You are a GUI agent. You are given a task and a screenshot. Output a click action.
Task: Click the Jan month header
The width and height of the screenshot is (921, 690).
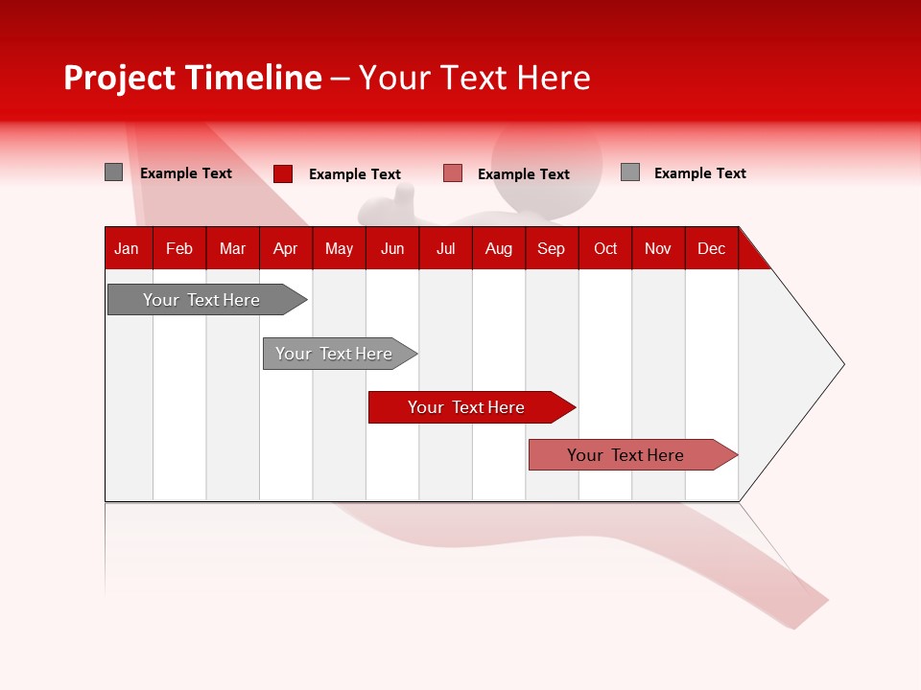coord(127,248)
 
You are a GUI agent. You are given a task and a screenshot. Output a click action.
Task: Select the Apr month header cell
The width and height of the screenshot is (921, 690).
coord(285,248)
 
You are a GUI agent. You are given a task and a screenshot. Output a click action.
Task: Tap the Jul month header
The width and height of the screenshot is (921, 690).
coord(445,248)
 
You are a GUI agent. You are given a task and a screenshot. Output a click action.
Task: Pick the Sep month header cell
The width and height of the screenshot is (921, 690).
coord(551,248)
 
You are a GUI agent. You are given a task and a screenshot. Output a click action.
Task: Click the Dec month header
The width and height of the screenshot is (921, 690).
coord(711,248)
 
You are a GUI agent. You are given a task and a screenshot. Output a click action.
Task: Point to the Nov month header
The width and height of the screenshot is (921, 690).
coord(657,248)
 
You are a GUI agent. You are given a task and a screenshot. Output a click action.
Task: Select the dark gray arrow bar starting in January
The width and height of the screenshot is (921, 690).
coord(201,300)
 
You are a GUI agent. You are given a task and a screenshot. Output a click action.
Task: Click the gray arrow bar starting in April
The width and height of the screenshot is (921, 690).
coord(334,354)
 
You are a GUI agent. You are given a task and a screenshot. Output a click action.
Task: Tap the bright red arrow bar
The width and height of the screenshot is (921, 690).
coord(466,407)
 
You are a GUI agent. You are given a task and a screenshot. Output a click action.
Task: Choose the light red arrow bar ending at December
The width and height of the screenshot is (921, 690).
coord(626,455)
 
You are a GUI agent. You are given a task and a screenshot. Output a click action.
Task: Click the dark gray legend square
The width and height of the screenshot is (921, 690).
coord(113,172)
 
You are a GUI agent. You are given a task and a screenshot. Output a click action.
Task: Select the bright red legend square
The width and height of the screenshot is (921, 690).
coord(282,173)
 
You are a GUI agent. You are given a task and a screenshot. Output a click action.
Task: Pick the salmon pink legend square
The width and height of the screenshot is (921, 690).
coord(453,173)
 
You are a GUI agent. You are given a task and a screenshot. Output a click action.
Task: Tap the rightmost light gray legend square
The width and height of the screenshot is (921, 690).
coord(629,172)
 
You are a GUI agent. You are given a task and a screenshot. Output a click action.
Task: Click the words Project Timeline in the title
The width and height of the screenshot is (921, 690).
coord(192,78)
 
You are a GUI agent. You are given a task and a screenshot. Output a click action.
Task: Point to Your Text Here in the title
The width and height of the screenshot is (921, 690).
coord(474,78)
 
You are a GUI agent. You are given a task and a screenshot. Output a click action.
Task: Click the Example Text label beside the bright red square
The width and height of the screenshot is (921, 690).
coord(354,174)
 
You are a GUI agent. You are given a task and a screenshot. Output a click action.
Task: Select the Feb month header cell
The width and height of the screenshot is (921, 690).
coord(178,248)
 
